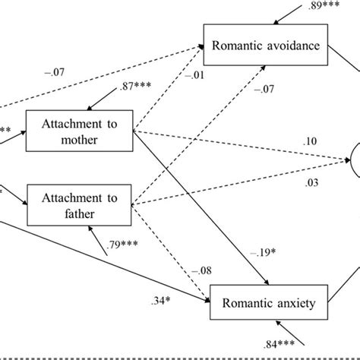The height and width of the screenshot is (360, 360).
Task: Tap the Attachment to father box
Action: click(x=80, y=204)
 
